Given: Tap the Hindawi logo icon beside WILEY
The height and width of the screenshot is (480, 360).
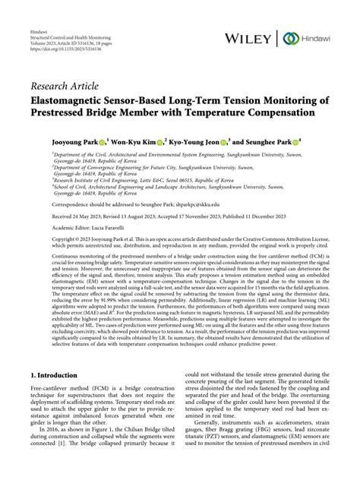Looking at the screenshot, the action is tap(289, 37).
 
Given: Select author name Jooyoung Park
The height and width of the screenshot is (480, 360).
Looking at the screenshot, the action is tap(75, 141).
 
